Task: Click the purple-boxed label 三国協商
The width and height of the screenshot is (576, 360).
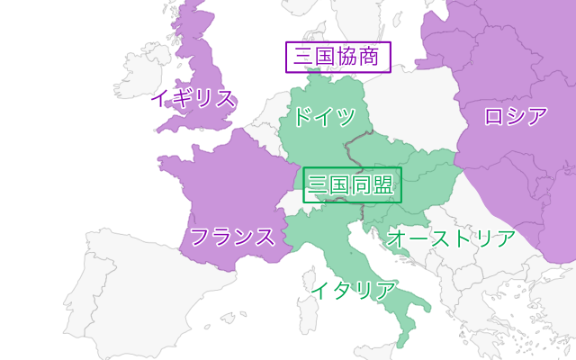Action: (338, 58)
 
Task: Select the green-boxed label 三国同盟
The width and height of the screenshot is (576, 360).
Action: (352, 185)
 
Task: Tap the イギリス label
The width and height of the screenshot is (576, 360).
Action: (193, 98)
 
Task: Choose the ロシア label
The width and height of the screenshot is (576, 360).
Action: (516, 116)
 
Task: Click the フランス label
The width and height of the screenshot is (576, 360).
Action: (232, 238)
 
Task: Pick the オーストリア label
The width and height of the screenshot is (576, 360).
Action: (450, 238)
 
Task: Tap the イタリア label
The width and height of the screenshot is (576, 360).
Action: (353, 290)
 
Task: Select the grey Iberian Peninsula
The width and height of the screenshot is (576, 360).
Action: (117, 288)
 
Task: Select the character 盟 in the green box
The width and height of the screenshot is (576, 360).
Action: (383, 185)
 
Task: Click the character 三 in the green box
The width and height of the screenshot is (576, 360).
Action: (318, 185)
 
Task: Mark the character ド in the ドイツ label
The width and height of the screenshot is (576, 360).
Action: (304, 116)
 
